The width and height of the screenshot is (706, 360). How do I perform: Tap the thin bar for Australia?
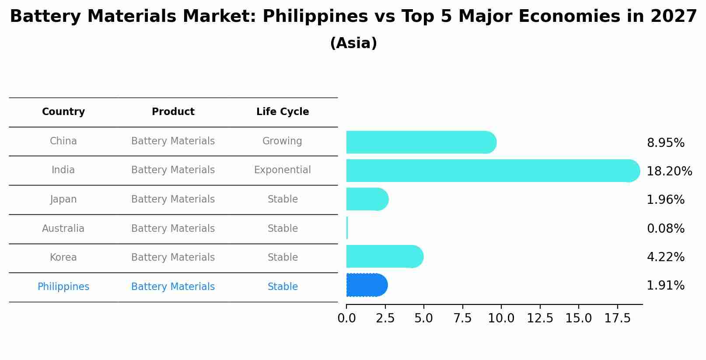pos(347,228)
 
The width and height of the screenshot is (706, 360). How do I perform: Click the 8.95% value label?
pos(665,143)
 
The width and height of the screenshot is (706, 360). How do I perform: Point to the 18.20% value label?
pos(669,171)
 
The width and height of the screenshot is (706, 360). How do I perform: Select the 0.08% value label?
pos(665,228)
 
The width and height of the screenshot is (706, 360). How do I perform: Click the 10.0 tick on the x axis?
pos(501,318)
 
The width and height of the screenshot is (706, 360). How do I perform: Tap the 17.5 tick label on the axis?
pos(617,318)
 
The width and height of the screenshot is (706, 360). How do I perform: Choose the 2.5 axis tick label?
pos(385,318)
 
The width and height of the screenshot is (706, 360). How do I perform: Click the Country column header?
pos(63,112)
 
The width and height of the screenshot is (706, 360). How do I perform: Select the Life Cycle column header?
pos(283,112)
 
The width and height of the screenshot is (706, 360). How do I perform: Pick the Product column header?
pos(173,112)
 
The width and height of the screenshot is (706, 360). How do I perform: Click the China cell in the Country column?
pos(63,141)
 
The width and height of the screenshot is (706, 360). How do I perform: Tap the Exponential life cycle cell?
pos(283,170)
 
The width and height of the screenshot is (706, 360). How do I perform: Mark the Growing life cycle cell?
pos(282,141)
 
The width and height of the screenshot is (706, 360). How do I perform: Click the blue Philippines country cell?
pos(63,287)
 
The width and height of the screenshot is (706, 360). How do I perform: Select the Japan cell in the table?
pos(63,199)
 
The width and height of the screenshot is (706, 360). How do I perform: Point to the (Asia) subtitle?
pos(353,43)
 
